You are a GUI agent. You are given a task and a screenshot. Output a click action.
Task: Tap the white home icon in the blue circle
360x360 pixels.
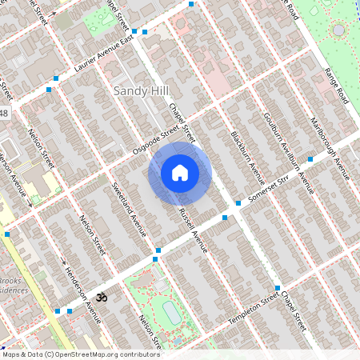(x=180, y=173)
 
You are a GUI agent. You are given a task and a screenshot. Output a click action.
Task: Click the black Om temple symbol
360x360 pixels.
(x=100, y=297)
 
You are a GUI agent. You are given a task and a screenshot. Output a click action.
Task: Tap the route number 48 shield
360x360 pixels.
(x=4, y=114)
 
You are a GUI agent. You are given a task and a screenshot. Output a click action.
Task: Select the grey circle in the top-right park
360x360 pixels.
(x=338, y=30)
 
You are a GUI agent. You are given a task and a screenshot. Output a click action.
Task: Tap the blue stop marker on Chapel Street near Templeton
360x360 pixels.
(x=277, y=288)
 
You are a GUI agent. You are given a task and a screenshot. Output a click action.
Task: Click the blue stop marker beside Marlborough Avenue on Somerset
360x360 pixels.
(x=310, y=159)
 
